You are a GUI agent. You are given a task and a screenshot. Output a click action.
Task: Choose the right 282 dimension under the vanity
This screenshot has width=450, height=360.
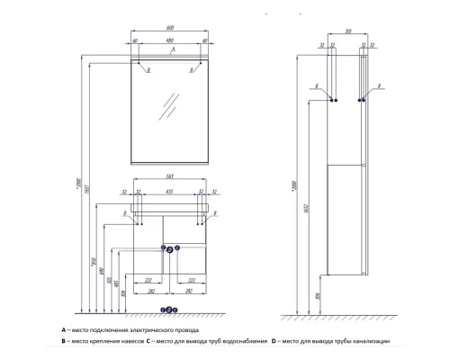[187, 292]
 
